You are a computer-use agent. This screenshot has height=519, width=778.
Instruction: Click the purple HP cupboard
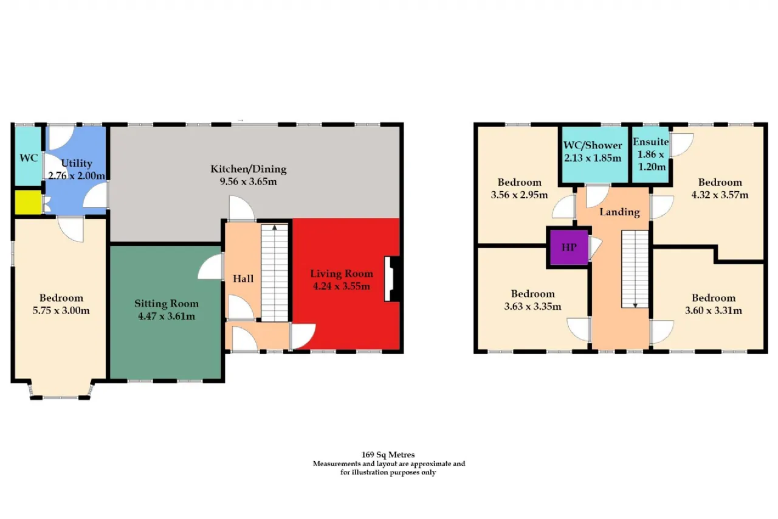(569, 247)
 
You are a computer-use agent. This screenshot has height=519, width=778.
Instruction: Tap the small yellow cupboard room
(29, 203)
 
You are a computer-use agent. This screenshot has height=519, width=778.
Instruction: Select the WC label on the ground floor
(29, 158)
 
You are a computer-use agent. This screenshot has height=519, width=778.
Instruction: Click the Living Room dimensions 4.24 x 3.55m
(342, 286)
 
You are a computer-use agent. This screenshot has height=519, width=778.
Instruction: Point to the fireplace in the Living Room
(393, 279)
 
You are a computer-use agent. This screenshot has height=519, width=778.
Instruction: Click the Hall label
(243, 279)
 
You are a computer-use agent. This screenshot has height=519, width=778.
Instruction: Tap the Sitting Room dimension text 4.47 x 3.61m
(167, 316)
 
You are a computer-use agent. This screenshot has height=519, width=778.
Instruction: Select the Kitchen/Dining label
(249, 169)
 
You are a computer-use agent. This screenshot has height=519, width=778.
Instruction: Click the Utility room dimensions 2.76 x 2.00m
(77, 176)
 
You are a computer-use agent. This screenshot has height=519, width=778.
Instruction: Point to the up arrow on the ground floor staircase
(275, 228)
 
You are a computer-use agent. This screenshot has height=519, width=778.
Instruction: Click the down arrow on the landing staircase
(635, 305)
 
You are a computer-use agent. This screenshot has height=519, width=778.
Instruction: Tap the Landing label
(619, 212)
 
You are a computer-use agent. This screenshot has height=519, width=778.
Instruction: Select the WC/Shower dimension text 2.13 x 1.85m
(593, 158)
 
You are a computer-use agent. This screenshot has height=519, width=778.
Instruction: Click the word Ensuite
(651, 142)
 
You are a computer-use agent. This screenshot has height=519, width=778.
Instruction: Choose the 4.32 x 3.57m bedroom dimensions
(720, 195)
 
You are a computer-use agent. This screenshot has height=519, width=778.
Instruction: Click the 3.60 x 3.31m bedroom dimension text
(714, 310)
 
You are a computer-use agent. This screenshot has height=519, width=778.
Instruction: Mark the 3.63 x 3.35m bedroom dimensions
(533, 307)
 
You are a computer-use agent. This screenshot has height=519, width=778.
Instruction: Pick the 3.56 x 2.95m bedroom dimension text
(519, 195)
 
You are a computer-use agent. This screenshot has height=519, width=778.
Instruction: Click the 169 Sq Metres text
(388, 455)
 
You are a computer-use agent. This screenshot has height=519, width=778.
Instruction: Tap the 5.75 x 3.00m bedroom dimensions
(61, 310)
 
